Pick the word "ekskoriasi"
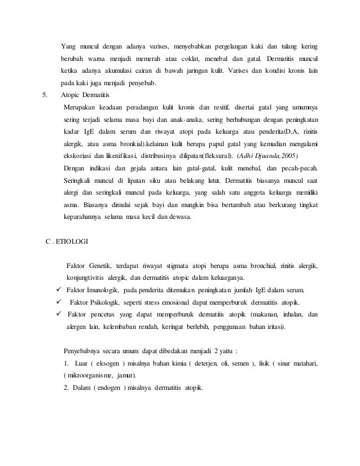77,155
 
